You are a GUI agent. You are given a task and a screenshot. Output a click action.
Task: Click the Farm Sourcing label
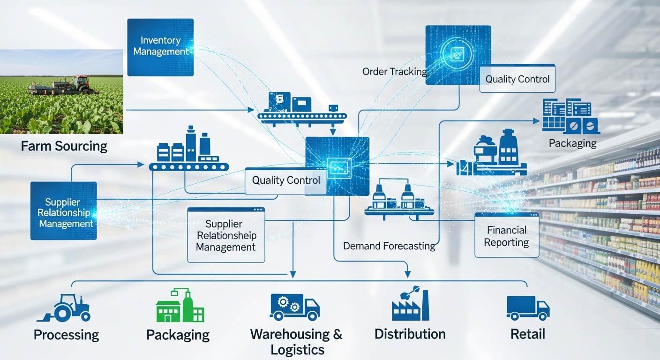(64, 146)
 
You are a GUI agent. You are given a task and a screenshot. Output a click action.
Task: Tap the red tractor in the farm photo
(80, 84)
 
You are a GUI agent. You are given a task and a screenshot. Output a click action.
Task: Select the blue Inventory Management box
(160, 47)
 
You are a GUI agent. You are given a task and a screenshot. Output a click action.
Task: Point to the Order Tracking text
(395, 72)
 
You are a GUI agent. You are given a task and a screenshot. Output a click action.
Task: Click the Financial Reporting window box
(507, 235)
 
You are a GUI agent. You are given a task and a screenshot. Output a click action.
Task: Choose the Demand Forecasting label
(389, 246)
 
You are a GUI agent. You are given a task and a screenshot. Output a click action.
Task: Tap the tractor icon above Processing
(63, 307)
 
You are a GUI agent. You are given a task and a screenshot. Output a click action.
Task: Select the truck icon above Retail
(528, 308)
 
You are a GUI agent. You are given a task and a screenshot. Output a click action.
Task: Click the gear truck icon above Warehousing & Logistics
(294, 307)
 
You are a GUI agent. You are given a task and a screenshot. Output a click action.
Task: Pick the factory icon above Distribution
(411, 303)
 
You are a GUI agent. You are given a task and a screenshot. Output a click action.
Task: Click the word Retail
(528, 334)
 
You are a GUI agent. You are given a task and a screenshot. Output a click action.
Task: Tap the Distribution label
(410, 334)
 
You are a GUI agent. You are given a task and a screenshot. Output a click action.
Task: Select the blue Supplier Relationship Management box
(64, 210)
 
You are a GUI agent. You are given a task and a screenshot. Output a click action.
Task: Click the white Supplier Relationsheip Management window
(226, 235)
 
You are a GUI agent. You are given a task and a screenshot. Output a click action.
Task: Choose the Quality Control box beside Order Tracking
(517, 79)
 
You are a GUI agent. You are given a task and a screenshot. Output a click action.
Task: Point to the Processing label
(66, 335)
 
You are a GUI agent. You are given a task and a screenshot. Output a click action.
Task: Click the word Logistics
(297, 350)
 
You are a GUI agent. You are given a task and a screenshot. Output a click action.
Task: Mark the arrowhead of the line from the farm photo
(251, 110)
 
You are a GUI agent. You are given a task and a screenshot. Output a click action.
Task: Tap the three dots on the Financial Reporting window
(533, 215)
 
